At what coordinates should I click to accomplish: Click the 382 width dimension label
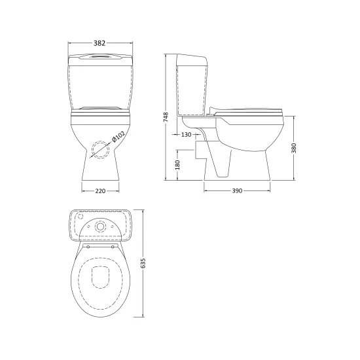point(99,43)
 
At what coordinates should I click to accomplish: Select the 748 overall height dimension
point(166,117)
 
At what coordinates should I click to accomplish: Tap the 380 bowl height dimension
point(294,148)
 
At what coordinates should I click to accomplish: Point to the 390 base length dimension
point(237,190)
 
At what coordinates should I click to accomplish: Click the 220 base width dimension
point(100,190)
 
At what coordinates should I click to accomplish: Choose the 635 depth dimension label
point(143,263)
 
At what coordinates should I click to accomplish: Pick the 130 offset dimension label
point(186,135)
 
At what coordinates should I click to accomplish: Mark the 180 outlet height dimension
point(177,165)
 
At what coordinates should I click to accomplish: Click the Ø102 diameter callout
point(118,136)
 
